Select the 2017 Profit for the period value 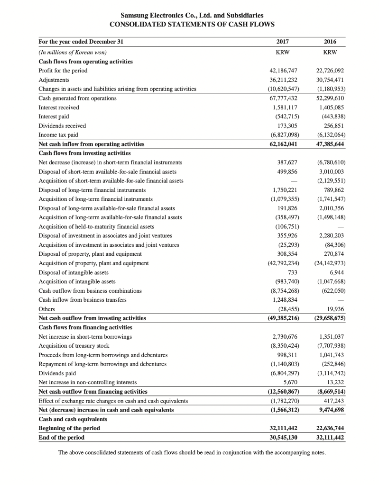click(x=284, y=71)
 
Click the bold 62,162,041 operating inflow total click(x=283, y=144)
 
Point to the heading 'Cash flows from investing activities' click(x=84, y=153)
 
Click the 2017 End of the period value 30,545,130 click(x=283, y=437)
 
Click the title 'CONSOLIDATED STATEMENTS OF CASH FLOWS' click(x=192, y=24)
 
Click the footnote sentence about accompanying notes click(x=192, y=452)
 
